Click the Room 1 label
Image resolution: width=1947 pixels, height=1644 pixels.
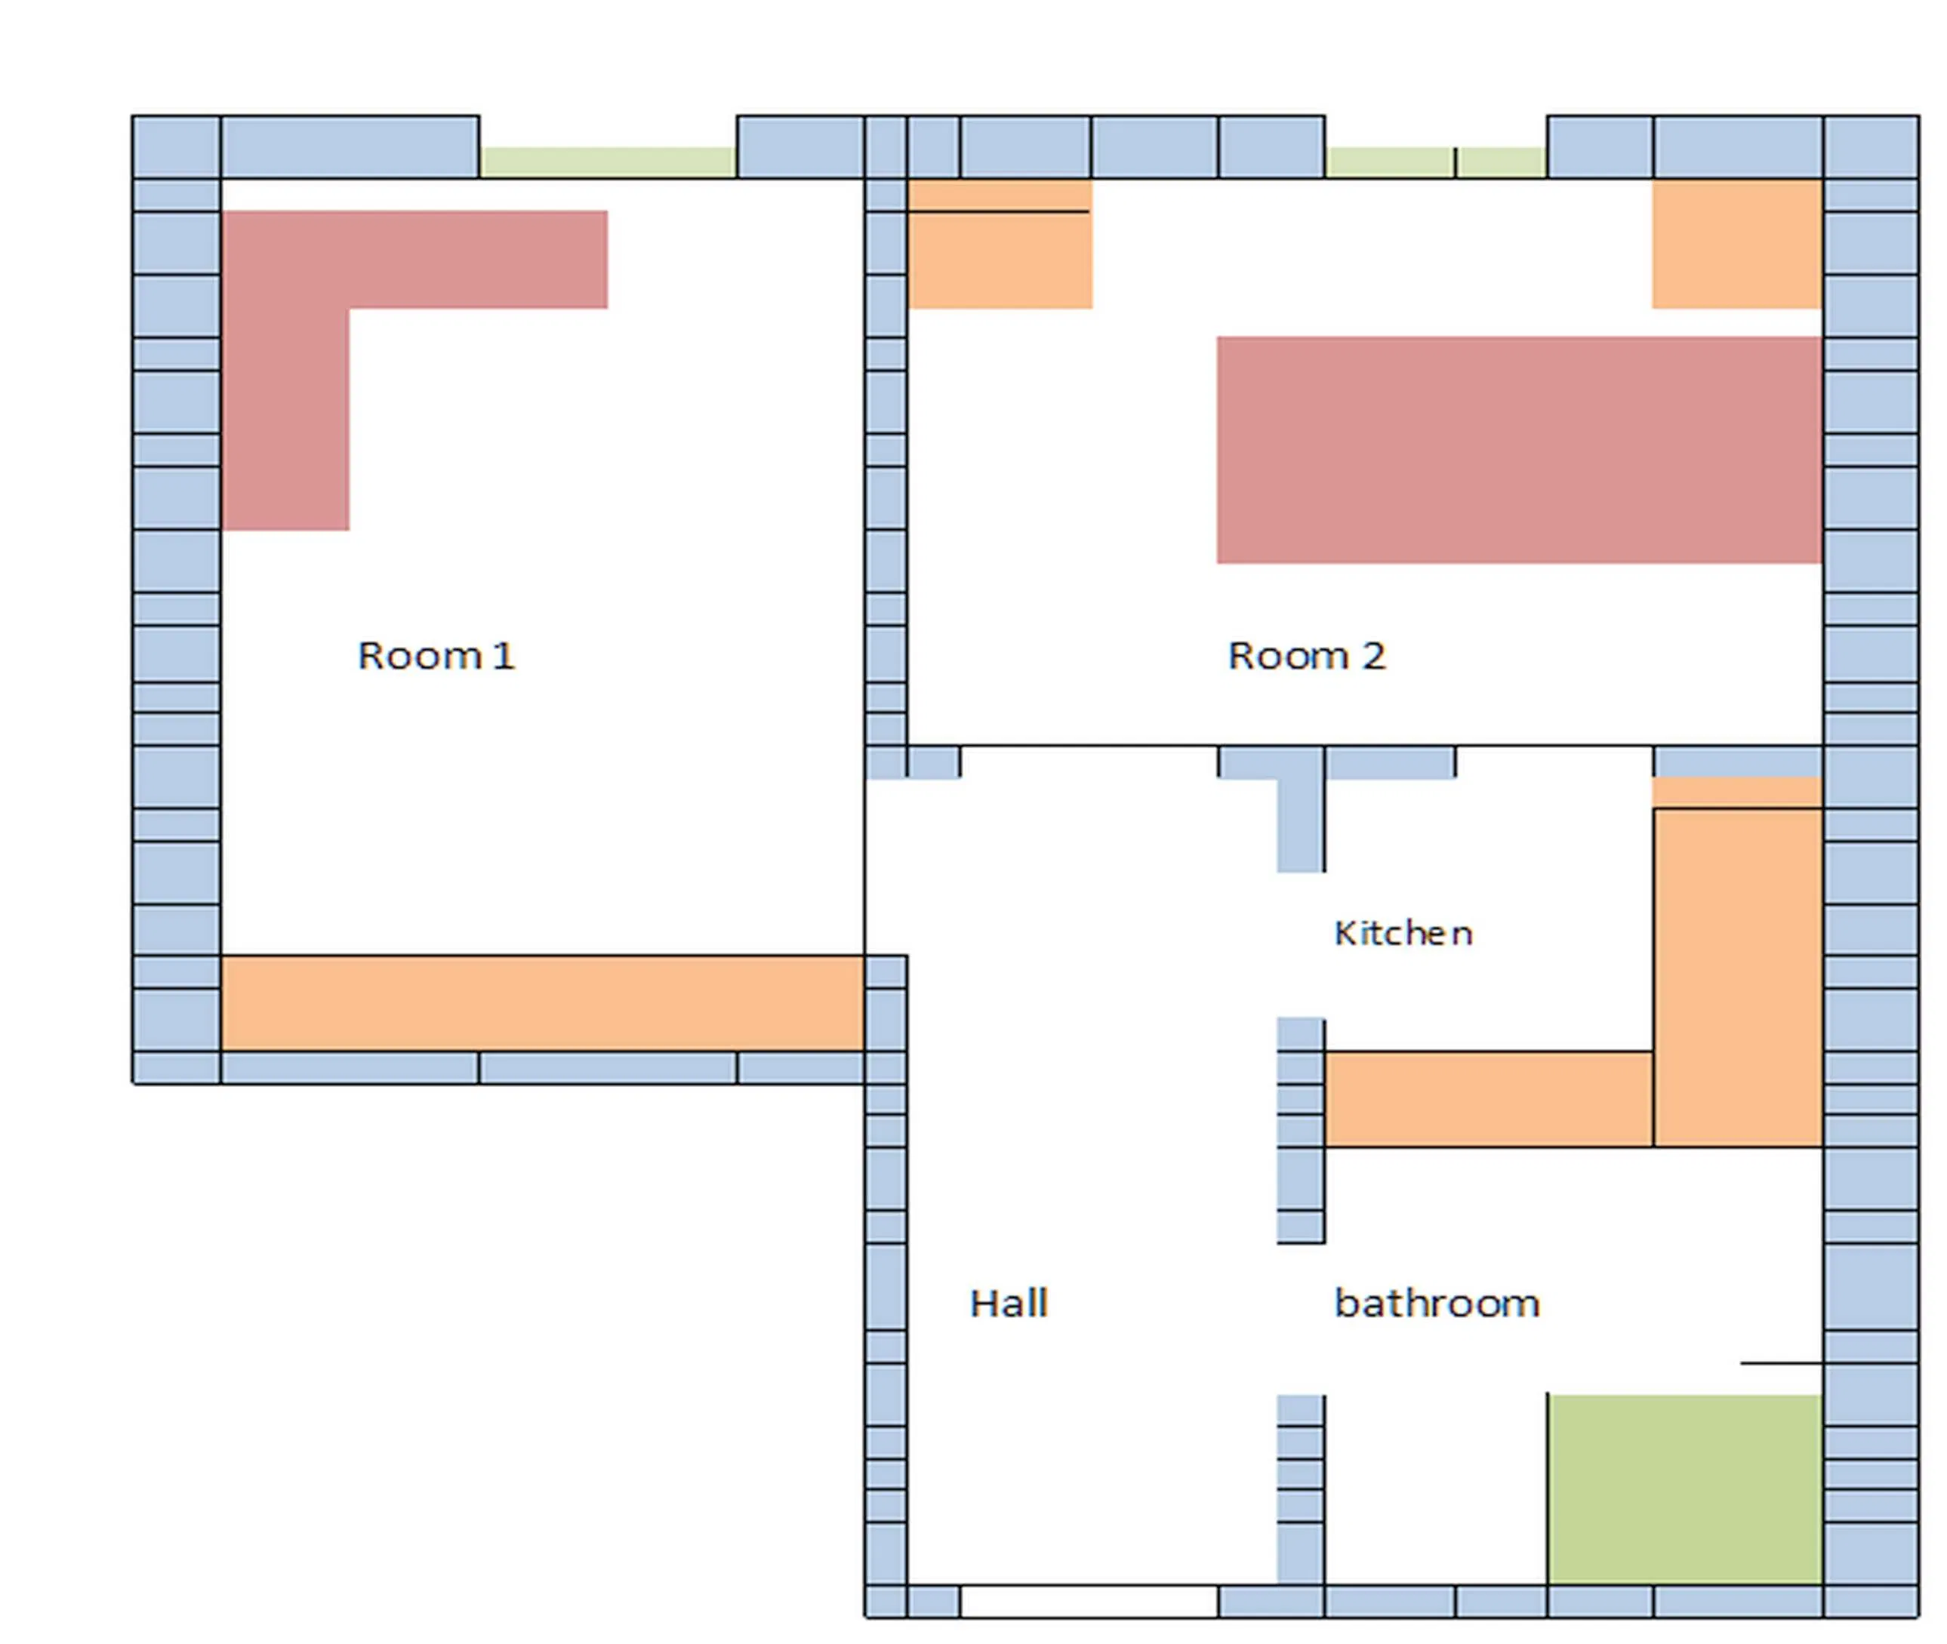click(436, 656)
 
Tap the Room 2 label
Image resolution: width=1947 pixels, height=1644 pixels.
click(1306, 656)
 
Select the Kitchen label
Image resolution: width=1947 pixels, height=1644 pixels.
click(1403, 933)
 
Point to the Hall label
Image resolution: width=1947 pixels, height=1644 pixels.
click(1009, 1303)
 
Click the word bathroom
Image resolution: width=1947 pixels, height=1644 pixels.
click(1436, 1303)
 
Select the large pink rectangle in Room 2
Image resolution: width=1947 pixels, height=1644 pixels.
click(1518, 450)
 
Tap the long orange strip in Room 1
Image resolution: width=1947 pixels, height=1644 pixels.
click(541, 1004)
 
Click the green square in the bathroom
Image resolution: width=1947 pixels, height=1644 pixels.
click(1685, 1489)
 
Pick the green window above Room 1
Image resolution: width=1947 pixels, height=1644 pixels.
click(608, 162)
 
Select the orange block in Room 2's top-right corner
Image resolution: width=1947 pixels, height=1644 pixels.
click(1737, 244)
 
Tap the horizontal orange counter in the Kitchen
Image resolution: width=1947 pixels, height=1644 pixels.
click(1489, 1099)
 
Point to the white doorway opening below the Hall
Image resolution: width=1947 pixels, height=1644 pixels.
click(1089, 1602)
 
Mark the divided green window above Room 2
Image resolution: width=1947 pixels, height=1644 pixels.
click(1435, 162)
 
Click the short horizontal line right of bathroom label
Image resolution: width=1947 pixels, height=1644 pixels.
click(1780, 1363)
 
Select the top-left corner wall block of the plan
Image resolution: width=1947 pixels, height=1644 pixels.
click(176, 146)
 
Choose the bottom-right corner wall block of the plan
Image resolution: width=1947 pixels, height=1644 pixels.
click(1871, 1602)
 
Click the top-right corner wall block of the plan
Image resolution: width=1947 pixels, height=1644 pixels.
click(1871, 146)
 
